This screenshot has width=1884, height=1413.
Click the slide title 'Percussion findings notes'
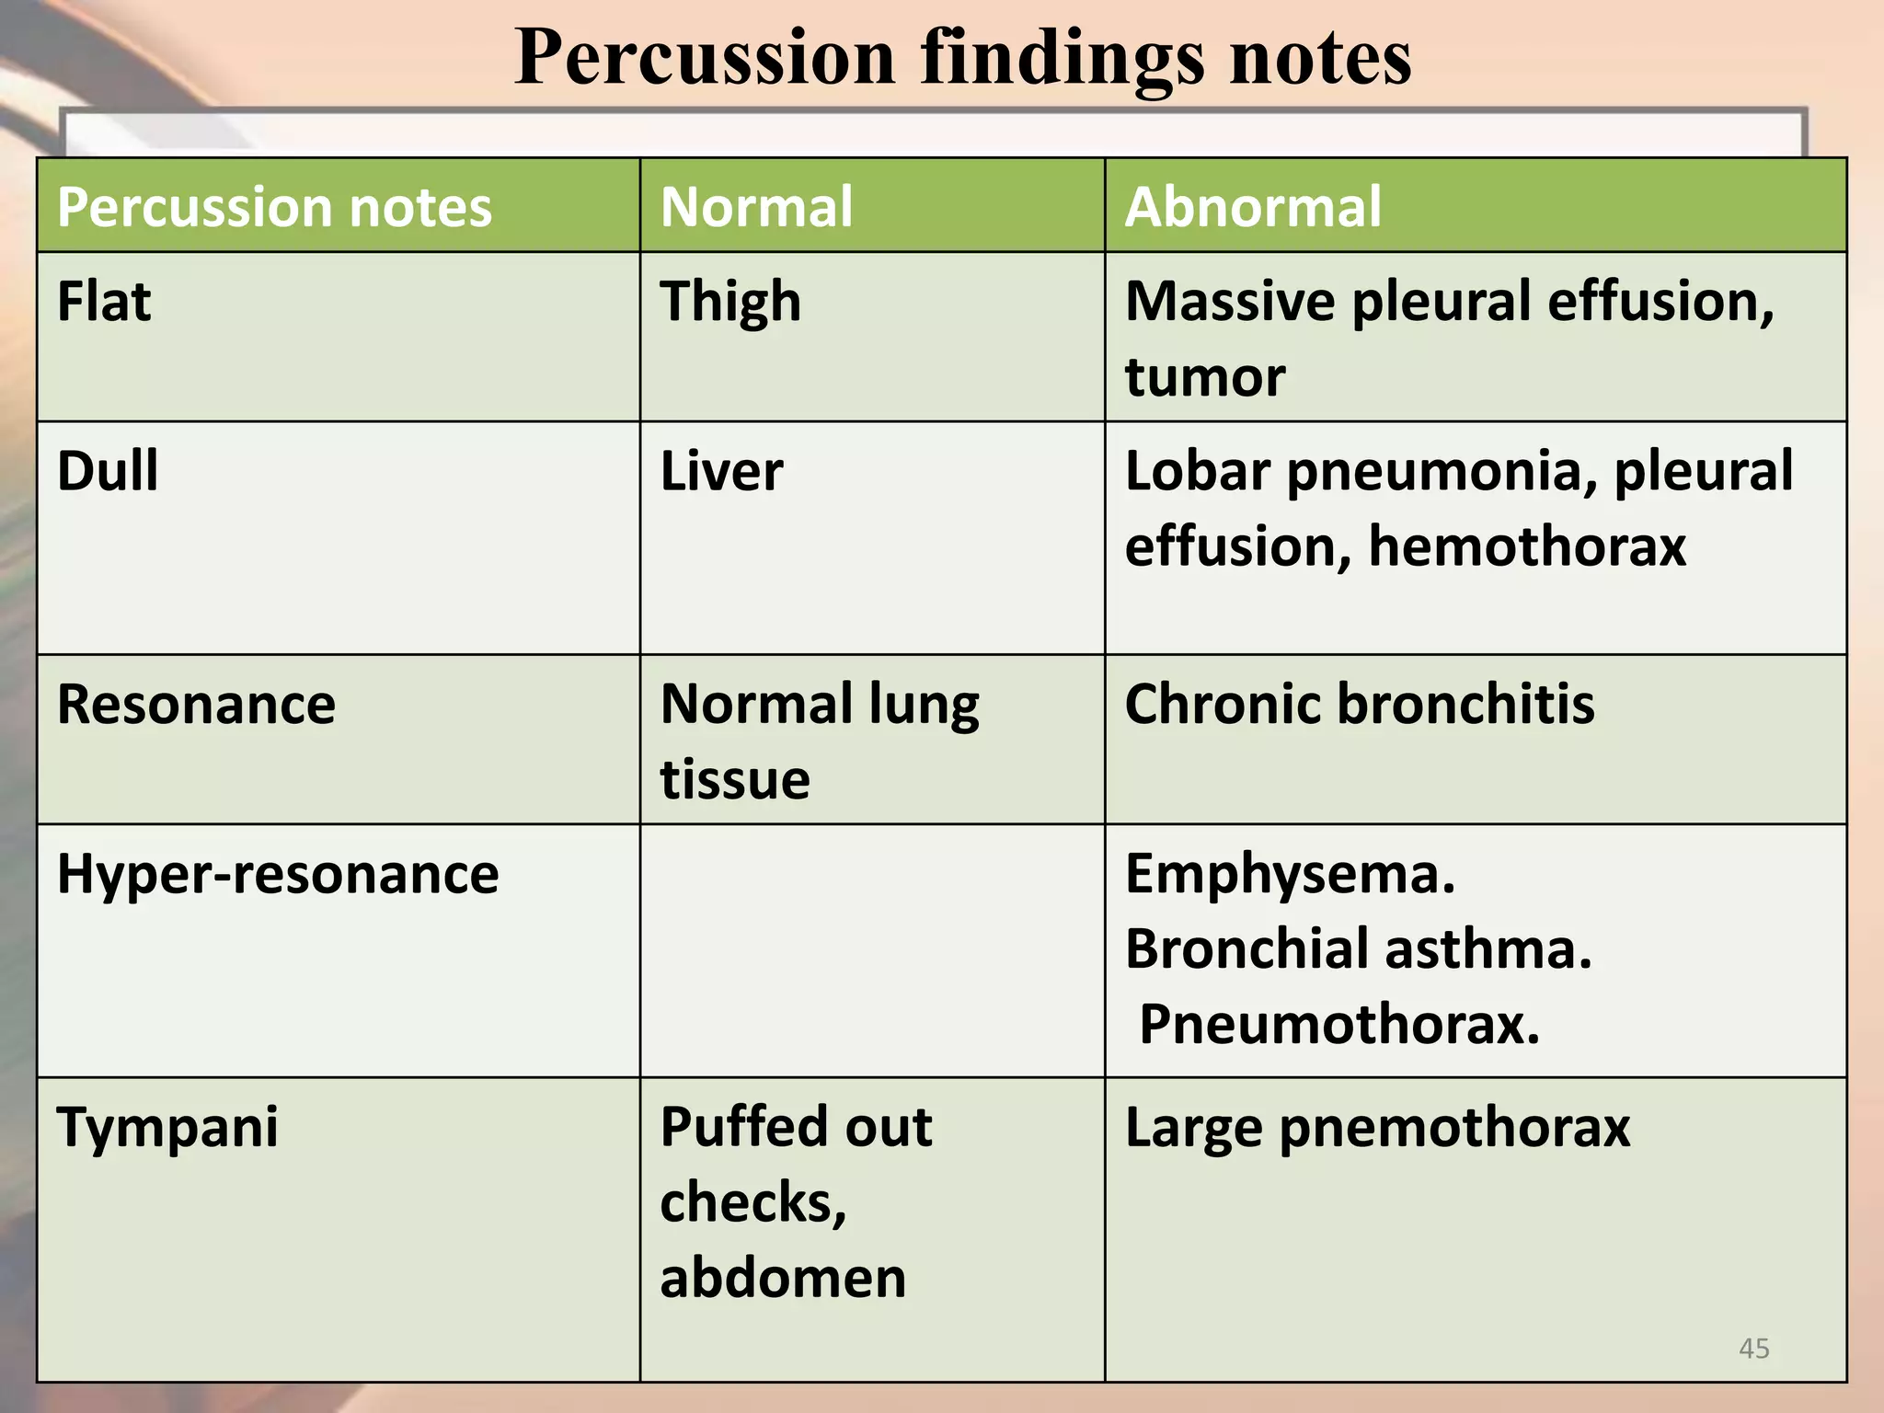(x=962, y=57)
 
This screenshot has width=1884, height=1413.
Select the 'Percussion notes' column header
(x=274, y=206)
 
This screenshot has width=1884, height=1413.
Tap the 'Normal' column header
(x=756, y=206)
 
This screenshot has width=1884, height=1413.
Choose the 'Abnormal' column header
(x=1252, y=206)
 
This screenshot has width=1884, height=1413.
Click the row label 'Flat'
(x=104, y=302)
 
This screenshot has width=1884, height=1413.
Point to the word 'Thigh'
(x=730, y=302)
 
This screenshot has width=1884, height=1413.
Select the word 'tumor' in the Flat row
(x=1204, y=377)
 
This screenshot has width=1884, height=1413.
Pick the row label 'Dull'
(x=108, y=471)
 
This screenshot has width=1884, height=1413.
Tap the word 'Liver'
(x=721, y=471)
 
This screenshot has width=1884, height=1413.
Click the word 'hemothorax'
(x=1527, y=546)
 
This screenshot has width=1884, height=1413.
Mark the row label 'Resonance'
(x=196, y=705)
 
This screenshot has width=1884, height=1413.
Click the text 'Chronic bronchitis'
(x=1360, y=705)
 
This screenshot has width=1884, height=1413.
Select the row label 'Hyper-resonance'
(x=278, y=874)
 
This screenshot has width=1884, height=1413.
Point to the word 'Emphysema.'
(x=1290, y=874)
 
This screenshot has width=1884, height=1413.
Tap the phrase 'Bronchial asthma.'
(x=1358, y=949)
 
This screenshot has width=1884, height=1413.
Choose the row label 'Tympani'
(x=167, y=1128)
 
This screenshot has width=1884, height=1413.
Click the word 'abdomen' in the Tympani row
(x=783, y=1279)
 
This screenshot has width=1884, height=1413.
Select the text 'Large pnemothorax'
(x=1377, y=1128)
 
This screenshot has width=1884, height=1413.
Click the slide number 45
(x=1753, y=1349)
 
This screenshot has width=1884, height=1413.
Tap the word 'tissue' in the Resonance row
(x=735, y=780)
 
